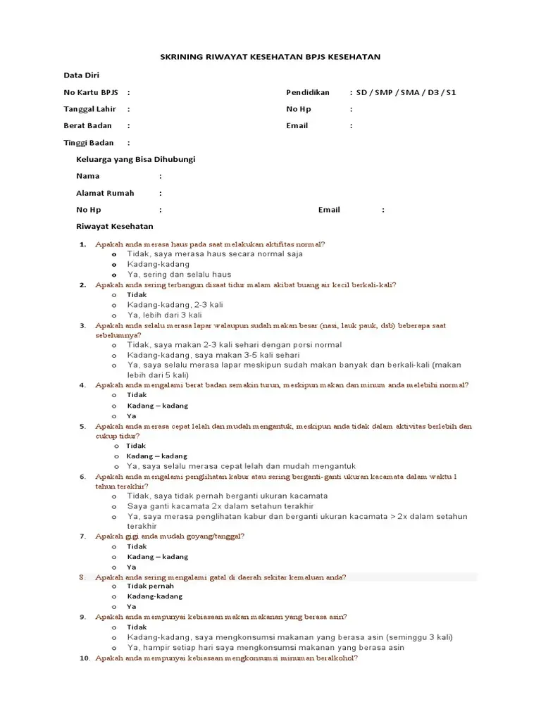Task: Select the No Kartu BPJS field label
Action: [90, 92]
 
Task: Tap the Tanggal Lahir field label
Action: [89, 109]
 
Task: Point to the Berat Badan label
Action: [87, 125]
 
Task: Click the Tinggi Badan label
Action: [88, 143]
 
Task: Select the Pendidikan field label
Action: [309, 92]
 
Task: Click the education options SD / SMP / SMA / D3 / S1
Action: [406, 92]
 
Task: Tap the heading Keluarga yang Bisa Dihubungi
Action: [136, 159]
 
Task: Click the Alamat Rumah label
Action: [105, 193]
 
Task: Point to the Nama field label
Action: [88, 176]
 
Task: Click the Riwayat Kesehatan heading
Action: [114, 227]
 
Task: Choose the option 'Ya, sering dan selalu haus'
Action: [179, 275]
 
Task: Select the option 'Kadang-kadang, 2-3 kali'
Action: [170, 305]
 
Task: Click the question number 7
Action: [82, 537]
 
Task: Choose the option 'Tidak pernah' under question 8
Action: [150, 587]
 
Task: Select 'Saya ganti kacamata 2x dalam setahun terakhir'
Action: [220, 506]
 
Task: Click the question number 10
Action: [85, 658]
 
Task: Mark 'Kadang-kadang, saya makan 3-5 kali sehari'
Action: [204, 356]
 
